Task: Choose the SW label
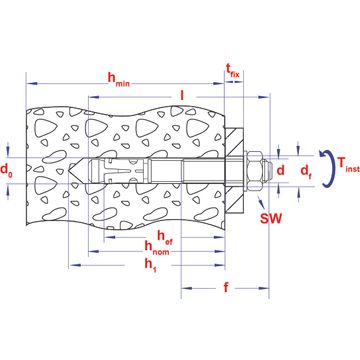tap(269, 218)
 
